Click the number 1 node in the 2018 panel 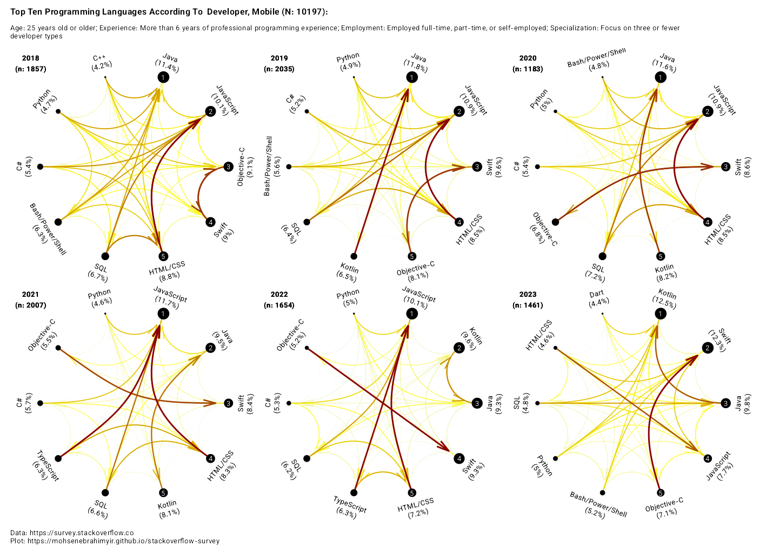tap(163, 77)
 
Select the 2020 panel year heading tap(528, 58)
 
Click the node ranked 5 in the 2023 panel tap(660, 492)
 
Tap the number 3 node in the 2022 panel tap(477, 403)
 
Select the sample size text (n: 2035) tap(279, 69)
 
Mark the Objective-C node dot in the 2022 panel tap(307, 348)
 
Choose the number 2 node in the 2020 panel tap(707, 111)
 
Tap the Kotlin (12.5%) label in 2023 tap(666, 299)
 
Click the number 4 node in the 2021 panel tap(210, 458)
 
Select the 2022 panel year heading tap(279, 295)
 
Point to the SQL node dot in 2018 tap(105, 256)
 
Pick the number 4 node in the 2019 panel tap(459, 222)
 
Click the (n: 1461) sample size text tap(528, 305)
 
